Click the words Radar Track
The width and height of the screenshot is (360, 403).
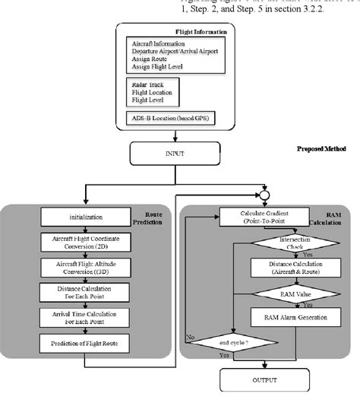click(147, 84)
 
